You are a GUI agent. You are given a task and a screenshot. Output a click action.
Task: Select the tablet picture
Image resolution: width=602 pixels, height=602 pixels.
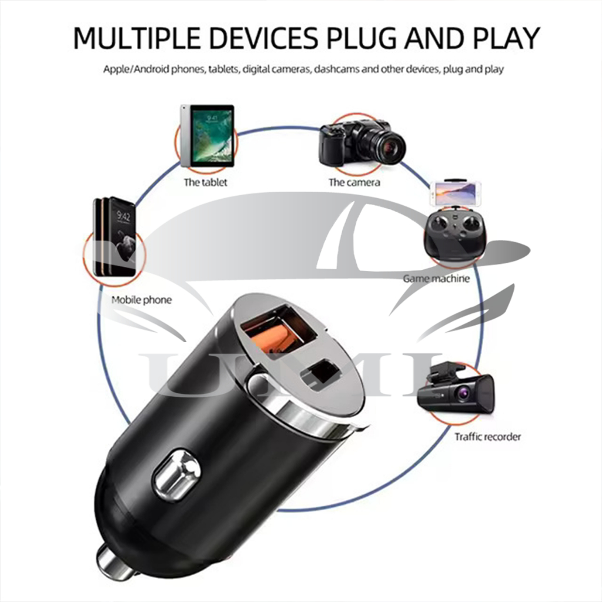pyautogui.click(x=207, y=136)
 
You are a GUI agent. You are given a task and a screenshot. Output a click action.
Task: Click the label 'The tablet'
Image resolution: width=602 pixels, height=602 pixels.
pyautogui.click(x=205, y=182)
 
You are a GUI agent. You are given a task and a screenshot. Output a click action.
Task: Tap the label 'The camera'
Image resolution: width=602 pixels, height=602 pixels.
pyautogui.click(x=354, y=182)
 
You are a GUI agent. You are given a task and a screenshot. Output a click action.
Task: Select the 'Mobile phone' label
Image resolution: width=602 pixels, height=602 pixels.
pyautogui.click(x=142, y=300)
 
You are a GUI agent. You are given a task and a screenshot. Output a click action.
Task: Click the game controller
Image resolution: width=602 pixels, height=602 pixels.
pyautogui.click(x=455, y=235)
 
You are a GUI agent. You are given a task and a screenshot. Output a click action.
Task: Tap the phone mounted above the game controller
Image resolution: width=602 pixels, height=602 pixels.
pyautogui.click(x=456, y=193)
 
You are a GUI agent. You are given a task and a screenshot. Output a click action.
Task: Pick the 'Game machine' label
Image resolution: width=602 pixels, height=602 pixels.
pyautogui.click(x=436, y=278)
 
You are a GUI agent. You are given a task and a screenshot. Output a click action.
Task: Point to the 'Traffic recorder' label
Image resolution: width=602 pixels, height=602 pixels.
pyautogui.click(x=487, y=436)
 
